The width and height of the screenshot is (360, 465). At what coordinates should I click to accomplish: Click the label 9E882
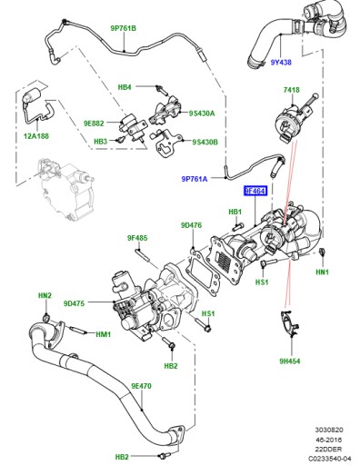point(96,122)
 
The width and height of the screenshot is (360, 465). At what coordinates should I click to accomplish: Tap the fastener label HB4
point(125,87)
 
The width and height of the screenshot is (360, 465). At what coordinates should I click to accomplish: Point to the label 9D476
point(192,225)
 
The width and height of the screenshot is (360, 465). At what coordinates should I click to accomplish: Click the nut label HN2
point(45,296)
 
